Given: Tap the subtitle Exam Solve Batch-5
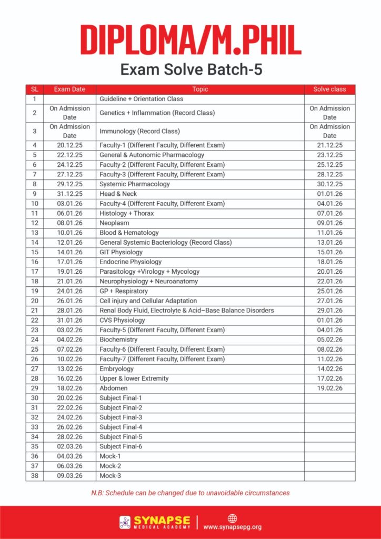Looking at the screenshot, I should tap(190, 69).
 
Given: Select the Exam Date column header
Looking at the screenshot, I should tap(69, 89).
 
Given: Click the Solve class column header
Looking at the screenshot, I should tap(329, 89).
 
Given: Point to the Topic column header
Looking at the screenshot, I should tap(200, 89).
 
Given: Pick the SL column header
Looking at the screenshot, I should tap(34, 89).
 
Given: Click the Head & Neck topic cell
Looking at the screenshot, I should tap(118, 194).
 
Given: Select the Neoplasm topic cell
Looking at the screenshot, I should tap(114, 223).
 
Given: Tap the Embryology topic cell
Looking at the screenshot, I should tap(116, 369).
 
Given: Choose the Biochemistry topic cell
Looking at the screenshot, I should tap(118, 340).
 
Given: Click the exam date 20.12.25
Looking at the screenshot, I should tap(69, 145).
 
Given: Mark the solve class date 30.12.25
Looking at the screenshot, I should tap(329, 184).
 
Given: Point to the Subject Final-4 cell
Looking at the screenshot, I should tap(121, 427).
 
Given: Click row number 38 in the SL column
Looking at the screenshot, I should tap(34, 476).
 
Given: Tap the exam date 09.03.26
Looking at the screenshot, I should tap(69, 476).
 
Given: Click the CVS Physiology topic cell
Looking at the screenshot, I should tap(122, 320).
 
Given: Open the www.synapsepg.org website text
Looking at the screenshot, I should tap(232, 527).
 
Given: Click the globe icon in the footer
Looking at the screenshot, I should tap(232, 518).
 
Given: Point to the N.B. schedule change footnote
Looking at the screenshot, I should tap(190, 493).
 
